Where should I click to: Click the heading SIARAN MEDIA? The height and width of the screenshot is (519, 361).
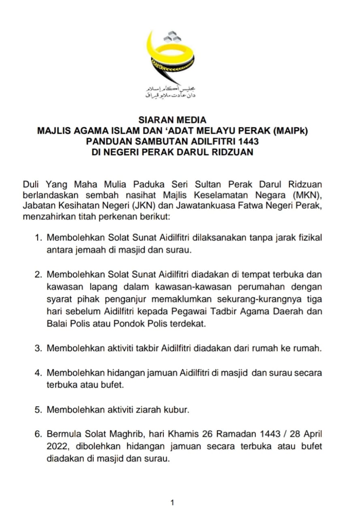pos(172,120)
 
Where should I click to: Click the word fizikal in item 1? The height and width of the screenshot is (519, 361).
pos(309,238)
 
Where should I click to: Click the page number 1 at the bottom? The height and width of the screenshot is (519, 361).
pos(172,503)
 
